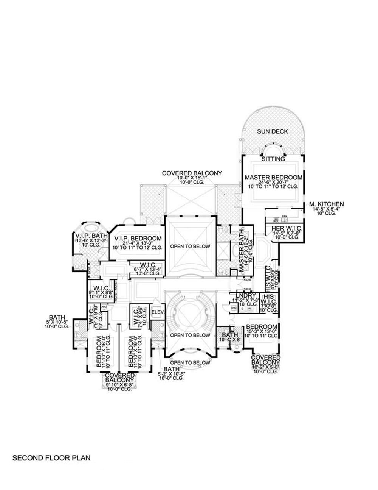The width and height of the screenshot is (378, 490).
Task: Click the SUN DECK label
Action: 273,131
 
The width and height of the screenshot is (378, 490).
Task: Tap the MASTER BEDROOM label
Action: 273,177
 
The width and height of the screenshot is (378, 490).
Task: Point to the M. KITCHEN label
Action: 326,204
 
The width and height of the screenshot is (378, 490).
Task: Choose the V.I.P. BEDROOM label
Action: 138,239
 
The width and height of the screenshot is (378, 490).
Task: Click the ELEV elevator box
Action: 156,312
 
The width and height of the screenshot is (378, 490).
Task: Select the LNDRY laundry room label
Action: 246,295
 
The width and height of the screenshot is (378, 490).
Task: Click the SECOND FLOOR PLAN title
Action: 51,458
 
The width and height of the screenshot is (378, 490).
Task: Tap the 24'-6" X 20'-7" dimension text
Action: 273,182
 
